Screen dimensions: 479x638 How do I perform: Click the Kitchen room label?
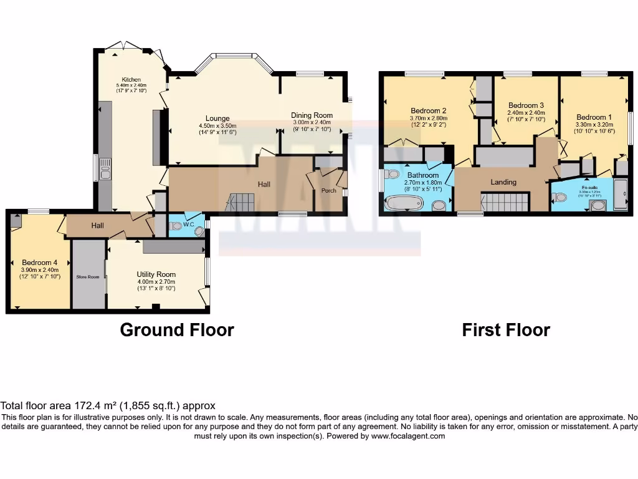[131, 79]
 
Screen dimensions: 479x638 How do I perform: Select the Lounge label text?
[217, 118]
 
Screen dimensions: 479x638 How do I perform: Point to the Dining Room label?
[312, 115]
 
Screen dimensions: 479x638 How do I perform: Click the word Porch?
[328, 191]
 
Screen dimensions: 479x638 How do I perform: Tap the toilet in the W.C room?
[176, 227]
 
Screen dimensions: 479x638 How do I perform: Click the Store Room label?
[88, 276]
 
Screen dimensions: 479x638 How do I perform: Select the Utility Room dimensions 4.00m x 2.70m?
[156, 282]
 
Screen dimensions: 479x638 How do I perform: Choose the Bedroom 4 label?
[40, 263]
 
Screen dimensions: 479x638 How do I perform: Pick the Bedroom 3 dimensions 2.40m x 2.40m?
[526, 113]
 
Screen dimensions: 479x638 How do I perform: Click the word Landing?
[503, 182]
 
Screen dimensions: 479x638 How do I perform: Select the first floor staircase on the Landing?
[505, 202]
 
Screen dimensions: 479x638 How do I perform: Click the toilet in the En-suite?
[559, 198]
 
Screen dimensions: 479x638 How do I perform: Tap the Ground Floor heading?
[177, 329]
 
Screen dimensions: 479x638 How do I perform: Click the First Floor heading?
[506, 329]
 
